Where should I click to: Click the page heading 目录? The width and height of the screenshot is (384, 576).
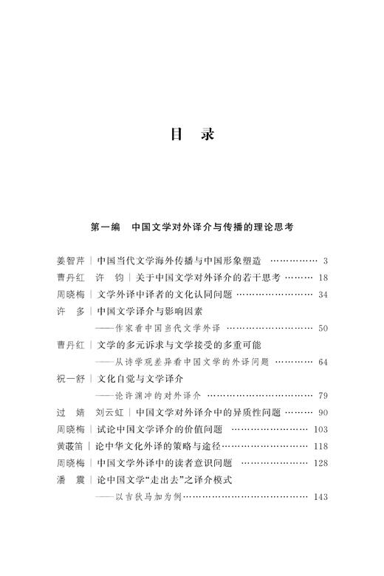tap(191, 135)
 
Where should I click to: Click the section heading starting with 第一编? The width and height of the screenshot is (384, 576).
tap(191, 227)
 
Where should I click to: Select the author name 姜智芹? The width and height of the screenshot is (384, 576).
tap(70, 261)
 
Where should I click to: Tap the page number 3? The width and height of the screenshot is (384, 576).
tap(325, 261)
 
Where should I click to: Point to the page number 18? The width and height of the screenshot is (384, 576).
tap(323, 278)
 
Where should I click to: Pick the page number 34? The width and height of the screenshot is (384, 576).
tap(323, 295)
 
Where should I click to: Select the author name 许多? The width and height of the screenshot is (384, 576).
tap(70, 311)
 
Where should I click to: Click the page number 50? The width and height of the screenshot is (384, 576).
tap(323, 328)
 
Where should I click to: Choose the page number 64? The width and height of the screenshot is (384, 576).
tap(323, 362)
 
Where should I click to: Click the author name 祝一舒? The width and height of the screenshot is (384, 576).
tap(70, 379)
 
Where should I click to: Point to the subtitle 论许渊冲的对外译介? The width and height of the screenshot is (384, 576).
tap(156, 396)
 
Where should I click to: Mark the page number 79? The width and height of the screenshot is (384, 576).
tap(323, 396)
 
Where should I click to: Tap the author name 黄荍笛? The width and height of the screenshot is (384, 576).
tap(70, 446)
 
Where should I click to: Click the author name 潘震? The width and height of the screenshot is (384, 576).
tap(70, 479)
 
